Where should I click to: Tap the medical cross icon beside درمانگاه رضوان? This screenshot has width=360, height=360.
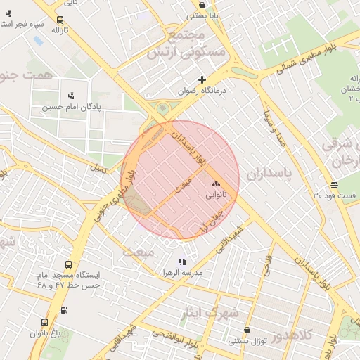click(x=202, y=79)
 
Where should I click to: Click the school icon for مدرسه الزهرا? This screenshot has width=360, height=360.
click(x=183, y=262)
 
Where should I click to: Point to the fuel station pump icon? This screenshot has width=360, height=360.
click(x=65, y=310)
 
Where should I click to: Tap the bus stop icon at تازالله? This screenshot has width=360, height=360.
click(x=60, y=20)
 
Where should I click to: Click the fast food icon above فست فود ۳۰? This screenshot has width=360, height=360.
click(x=333, y=185)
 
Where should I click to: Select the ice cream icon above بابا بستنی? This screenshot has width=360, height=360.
click(x=202, y=4)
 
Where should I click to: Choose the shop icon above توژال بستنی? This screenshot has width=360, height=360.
click(x=247, y=330)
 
